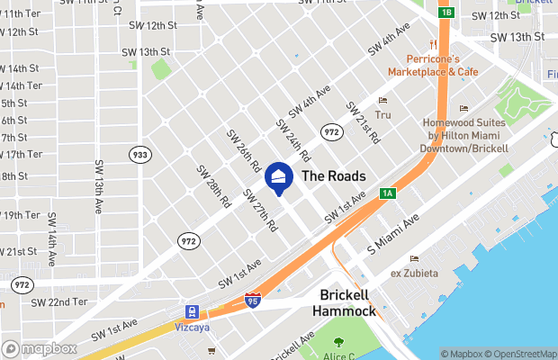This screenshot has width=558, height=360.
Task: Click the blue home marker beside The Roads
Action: point(278,178)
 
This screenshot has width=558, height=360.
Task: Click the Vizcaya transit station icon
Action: point(193,311)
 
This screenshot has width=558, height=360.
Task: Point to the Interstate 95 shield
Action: point(254,300)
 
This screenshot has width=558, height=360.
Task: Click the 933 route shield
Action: point(139,154)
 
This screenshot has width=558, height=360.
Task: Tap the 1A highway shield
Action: point(388,193)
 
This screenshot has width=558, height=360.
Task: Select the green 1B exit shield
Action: point(445,13)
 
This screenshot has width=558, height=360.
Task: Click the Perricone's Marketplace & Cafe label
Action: point(435,65)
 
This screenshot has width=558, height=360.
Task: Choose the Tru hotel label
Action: point(383,114)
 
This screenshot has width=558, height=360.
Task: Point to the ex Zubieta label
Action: point(413,273)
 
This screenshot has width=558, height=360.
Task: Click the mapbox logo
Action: point(40,348)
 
